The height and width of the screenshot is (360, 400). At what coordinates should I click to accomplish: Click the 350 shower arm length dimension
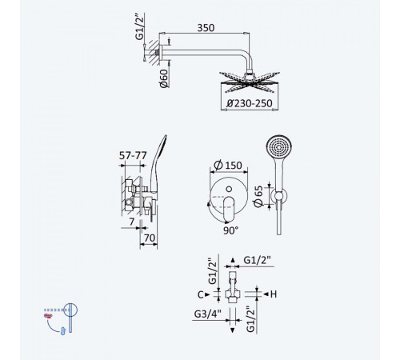tap(206, 28)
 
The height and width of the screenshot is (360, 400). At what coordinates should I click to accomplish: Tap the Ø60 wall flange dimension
tap(164, 78)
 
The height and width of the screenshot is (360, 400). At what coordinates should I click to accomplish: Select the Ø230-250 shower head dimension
tap(250, 103)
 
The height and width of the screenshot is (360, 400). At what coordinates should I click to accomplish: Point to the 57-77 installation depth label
tap(133, 155)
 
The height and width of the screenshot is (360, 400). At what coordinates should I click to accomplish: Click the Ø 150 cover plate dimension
tap(228, 165)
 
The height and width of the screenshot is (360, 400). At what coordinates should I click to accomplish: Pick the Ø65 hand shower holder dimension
tap(258, 196)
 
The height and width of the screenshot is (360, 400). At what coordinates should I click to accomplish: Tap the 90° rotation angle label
tap(230, 230)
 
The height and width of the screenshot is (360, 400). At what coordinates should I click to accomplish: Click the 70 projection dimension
tap(150, 238)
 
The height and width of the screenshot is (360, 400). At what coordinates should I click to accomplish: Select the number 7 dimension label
tap(132, 222)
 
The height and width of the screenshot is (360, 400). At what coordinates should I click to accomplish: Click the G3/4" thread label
tap(208, 314)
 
